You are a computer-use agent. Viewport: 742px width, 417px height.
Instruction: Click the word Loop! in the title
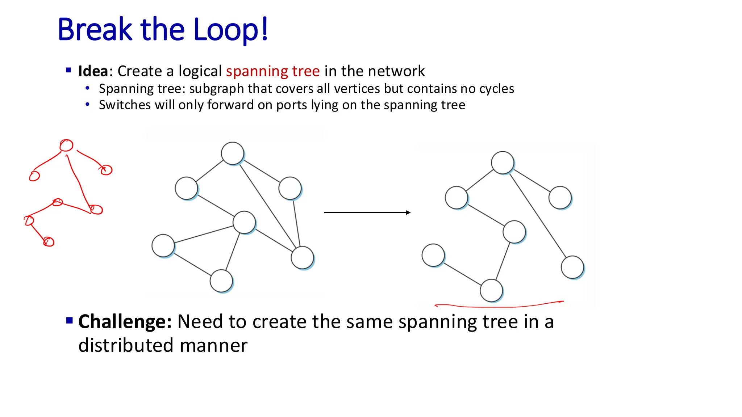230,30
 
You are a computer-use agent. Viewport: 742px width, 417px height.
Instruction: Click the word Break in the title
95,30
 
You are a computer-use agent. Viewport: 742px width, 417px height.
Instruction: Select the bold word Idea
93,71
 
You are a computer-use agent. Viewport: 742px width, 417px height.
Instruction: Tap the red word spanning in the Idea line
257,71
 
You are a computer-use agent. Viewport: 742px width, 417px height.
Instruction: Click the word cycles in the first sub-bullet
496,89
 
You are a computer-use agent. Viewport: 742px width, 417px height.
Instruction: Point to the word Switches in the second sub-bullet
125,105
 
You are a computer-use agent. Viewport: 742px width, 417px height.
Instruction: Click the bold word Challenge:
125,321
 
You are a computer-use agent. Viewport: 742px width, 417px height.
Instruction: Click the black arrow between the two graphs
367,212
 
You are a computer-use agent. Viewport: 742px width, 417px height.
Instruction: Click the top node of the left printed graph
233,153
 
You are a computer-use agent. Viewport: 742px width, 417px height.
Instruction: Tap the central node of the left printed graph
244,223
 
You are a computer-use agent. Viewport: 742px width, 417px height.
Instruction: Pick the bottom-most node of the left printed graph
221,281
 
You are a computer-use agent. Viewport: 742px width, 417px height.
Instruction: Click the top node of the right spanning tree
503,163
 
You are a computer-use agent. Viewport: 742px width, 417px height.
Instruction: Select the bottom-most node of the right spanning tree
491,290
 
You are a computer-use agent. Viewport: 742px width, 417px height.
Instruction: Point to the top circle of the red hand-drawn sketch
66,146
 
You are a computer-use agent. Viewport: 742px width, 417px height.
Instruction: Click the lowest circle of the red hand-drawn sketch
49,242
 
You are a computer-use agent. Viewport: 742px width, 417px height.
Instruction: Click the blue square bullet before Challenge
70,320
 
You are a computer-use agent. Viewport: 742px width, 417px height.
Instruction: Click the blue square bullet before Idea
68,70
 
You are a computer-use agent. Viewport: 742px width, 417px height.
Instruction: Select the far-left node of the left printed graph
163,246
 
